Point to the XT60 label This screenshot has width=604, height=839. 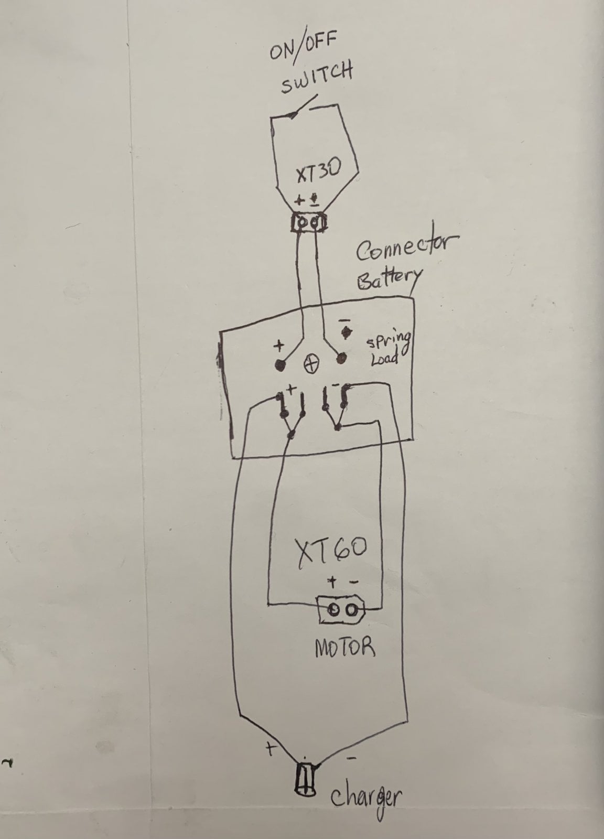click(x=331, y=553)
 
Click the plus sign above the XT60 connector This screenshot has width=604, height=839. click(x=332, y=582)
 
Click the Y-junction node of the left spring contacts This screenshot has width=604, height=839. click(x=292, y=435)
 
